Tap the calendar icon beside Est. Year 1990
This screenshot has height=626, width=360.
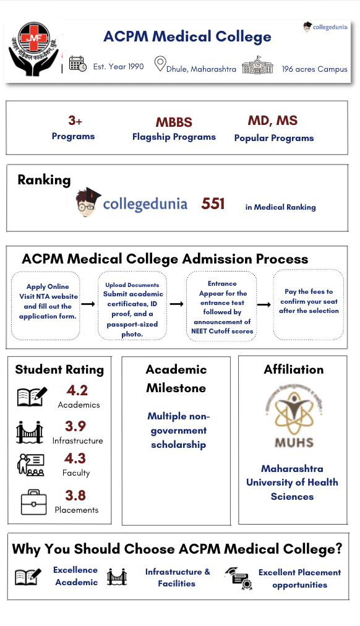(77, 64)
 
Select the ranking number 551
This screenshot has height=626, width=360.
(213, 204)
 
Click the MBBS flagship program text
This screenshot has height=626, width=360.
(174, 122)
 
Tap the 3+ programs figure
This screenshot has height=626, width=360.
(75, 120)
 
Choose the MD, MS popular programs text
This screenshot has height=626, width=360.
(273, 121)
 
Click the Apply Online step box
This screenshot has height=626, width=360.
(46, 304)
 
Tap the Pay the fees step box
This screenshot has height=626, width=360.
(308, 304)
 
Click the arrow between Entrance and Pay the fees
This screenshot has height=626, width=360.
(264, 304)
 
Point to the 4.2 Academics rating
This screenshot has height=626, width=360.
(77, 390)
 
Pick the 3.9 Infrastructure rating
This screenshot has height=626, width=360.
(75, 426)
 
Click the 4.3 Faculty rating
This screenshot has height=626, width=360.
(75, 458)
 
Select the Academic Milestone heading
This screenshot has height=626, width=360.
(176, 379)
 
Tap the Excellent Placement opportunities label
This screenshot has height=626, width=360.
(299, 578)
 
